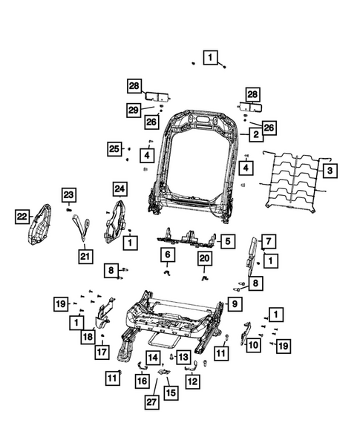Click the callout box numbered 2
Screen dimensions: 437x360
(255, 135)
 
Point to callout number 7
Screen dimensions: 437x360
(268, 240)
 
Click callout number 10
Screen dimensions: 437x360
(252, 344)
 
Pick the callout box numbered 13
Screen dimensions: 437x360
(183, 357)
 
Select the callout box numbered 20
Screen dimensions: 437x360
(205, 257)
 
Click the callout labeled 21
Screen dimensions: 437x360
(87, 257)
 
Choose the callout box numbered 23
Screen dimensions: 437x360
(68, 195)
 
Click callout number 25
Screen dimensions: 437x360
(114, 149)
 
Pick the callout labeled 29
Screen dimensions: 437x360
(134, 110)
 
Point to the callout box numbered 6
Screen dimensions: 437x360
(168, 254)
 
